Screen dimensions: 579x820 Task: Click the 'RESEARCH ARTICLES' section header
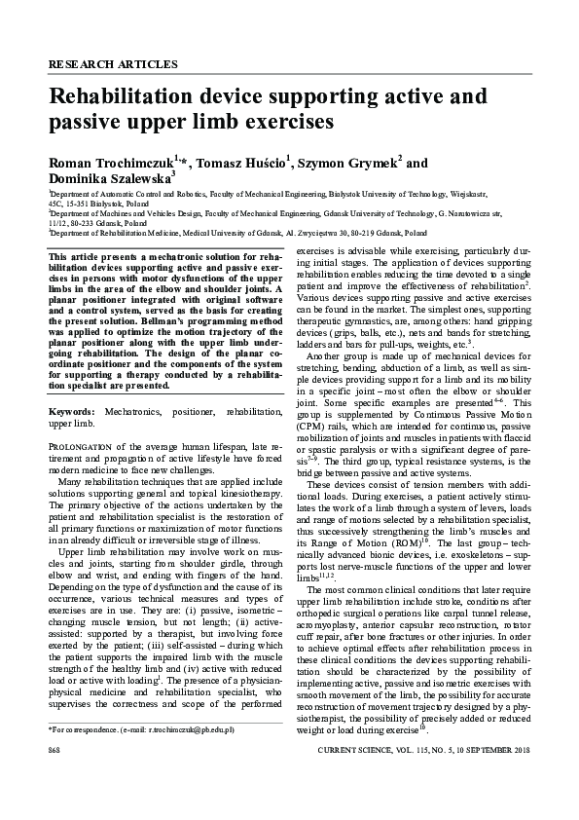coord(113,65)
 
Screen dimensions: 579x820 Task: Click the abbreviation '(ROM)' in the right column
coord(406,514)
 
